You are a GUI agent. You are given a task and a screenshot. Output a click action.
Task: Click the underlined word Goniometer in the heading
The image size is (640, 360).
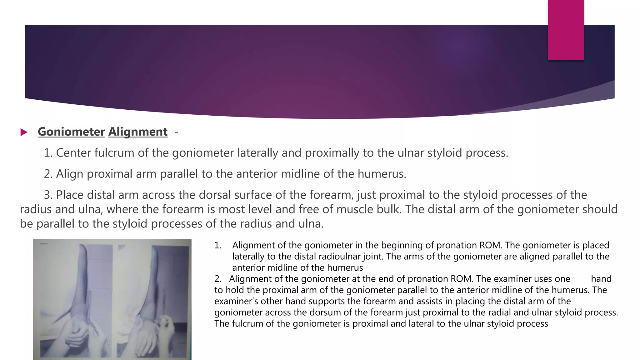point(71,132)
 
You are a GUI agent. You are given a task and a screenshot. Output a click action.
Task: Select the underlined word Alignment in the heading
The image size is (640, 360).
point(138,132)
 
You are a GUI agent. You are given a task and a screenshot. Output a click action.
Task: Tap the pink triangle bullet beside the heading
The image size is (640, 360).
point(24,132)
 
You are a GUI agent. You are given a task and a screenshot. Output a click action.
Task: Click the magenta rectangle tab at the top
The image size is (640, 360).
point(566,30)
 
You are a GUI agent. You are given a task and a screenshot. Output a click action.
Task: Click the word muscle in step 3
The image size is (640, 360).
point(357,209)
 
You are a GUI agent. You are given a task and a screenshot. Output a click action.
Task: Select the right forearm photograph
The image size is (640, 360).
point(153,299)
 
